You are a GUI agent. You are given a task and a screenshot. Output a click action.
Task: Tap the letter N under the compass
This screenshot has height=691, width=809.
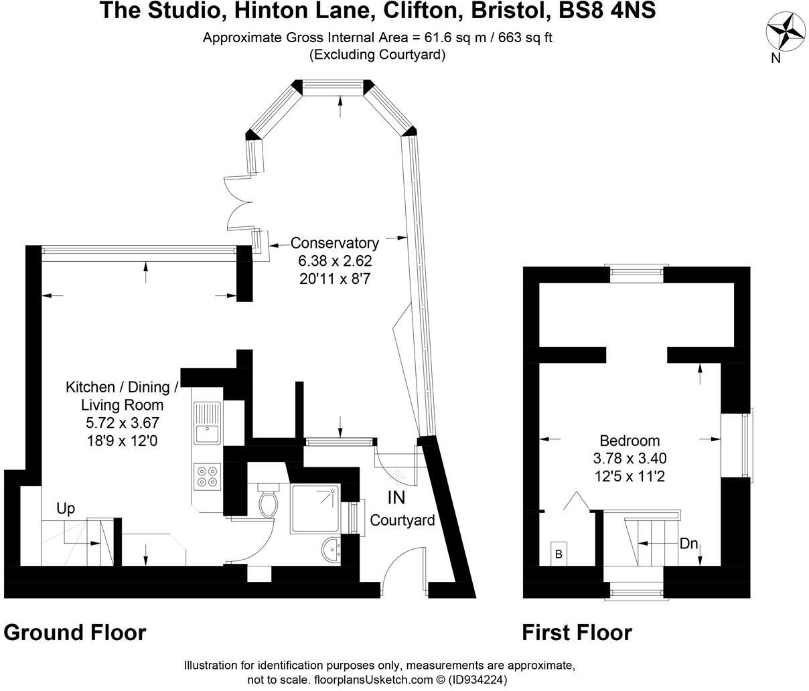point(776,58)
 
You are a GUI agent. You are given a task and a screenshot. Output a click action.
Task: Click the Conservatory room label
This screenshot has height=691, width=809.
point(334,243)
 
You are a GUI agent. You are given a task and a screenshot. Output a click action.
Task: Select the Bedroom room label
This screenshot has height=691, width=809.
point(630,441)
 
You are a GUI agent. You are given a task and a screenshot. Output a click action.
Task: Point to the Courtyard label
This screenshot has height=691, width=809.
point(402,520)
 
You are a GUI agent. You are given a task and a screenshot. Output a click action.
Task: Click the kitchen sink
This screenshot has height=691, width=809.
point(207,424)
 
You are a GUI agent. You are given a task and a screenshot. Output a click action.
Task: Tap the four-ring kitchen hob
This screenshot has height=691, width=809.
point(207,475)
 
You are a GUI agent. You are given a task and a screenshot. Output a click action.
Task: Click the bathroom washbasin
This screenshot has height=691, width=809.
point(332,550)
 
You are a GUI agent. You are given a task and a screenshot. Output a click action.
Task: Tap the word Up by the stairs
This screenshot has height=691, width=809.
point(66,509)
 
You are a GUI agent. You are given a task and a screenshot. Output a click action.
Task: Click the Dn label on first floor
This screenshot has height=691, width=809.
point(689,544)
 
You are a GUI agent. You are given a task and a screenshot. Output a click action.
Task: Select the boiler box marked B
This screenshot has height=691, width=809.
point(559,553)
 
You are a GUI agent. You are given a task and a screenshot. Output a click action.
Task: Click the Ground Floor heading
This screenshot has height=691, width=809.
point(75,632)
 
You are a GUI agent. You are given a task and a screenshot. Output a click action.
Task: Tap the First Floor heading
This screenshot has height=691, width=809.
point(577,632)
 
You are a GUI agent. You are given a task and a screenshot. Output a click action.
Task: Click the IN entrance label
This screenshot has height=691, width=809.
point(396,497)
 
